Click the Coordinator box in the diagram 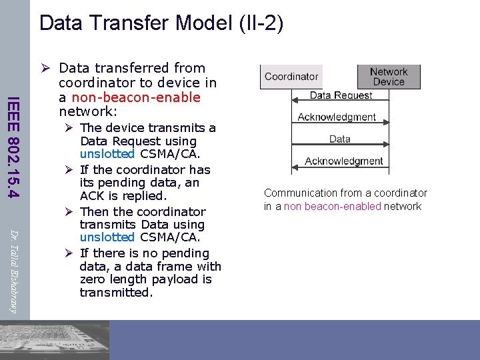[291, 77]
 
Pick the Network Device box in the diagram [389, 77]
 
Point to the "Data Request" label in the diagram [341, 95]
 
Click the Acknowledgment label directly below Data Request [337, 117]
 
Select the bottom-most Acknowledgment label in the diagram [343, 161]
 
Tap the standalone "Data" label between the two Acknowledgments [339, 139]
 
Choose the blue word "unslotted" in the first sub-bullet [107, 155]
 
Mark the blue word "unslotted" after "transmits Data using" [107, 237]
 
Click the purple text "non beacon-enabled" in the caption [333, 207]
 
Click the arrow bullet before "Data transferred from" [46, 68]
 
